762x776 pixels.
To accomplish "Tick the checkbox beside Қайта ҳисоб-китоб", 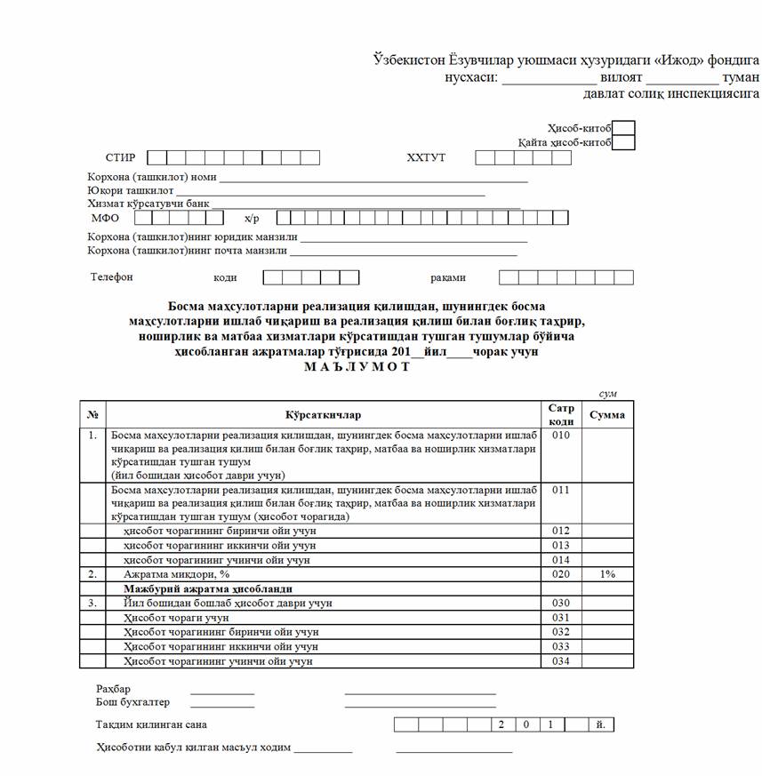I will pyautogui.click(x=624, y=143).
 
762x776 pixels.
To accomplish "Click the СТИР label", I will pyautogui.click(x=120, y=158).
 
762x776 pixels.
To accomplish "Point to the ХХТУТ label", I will pyautogui.click(x=426, y=158).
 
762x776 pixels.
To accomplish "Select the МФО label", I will pyautogui.click(x=105, y=218).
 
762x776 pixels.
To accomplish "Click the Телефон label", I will pyautogui.click(x=112, y=277).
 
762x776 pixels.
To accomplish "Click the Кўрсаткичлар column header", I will pyautogui.click(x=324, y=415).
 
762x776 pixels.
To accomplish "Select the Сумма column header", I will pyautogui.click(x=607, y=415).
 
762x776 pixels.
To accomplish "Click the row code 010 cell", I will pyautogui.click(x=561, y=436).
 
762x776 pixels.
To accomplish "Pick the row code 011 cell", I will pyautogui.click(x=561, y=490).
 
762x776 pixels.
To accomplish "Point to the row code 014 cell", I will pyautogui.click(x=561, y=561).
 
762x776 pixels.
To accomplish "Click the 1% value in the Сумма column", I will pyautogui.click(x=607, y=575).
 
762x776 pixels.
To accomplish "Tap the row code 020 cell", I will pyautogui.click(x=561, y=575).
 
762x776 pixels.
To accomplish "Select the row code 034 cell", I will pyautogui.click(x=561, y=661).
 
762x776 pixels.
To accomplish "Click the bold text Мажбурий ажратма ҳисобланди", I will pyautogui.click(x=209, y=588).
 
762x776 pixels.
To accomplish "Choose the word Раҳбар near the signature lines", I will pyautogui.click(x=113, y=689).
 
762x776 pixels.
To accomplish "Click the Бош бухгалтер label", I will pyautogui.click(x=132, y=702).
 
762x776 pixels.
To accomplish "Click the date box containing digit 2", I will pyautogui.click(x=502, y=725).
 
